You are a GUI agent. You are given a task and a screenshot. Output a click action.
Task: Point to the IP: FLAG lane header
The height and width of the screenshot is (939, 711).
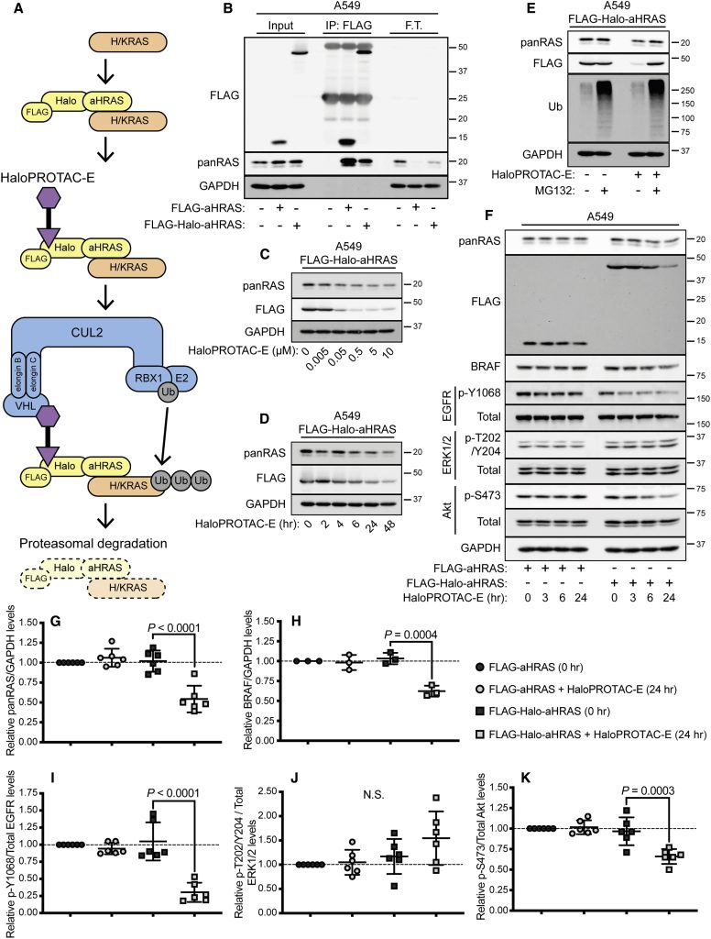[345, 24]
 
